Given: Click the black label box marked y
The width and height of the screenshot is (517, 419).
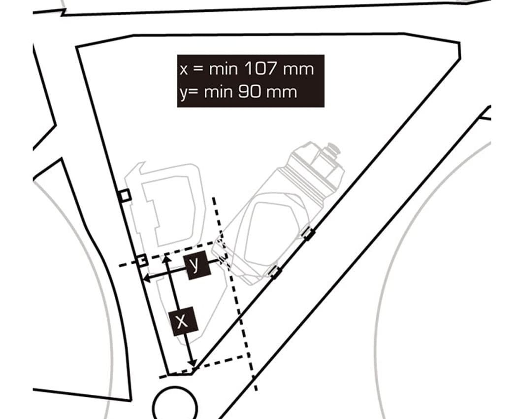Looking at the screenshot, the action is (x=198, y=265).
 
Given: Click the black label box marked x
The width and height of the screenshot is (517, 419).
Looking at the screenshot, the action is (x=183, y=321).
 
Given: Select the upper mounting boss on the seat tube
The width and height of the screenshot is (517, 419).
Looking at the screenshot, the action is (x=125, y=196).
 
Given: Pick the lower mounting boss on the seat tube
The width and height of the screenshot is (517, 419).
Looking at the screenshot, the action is (x=142, y=260).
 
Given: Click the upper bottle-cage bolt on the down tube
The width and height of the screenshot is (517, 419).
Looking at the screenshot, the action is (x=309, y=234).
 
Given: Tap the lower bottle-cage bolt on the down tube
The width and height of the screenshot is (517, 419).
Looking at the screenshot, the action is (x=274, y=272).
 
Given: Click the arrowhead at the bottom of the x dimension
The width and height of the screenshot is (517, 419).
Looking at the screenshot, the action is (x=192, y=362).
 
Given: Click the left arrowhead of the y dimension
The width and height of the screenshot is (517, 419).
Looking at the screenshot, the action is (x=147, y=279).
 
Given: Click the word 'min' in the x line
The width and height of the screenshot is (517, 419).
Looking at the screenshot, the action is (x=223, y=69).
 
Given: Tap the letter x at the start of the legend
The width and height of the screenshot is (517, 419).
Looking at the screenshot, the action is (x=184, y=70).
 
